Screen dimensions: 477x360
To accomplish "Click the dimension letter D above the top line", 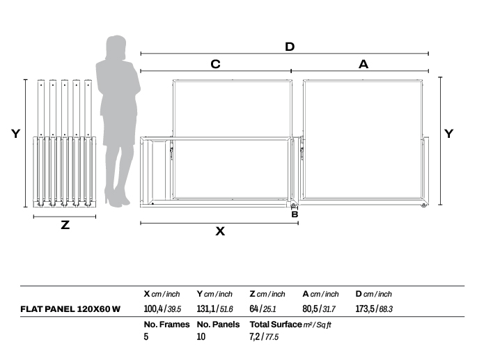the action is (290, 47).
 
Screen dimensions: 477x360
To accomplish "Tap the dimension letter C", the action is (215, 64).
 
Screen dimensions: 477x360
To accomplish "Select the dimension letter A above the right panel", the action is (363, 64).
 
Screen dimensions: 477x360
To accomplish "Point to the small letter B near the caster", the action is (295, 214).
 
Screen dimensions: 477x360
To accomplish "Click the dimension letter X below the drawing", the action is (220, 231).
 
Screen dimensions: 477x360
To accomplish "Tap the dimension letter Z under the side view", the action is (65, 225).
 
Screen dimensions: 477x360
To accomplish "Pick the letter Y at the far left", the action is (15, 133).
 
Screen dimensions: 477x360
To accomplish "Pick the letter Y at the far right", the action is (448, 133).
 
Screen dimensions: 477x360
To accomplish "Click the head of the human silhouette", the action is (116, 47).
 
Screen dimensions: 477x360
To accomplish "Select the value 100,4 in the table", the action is (153, 309).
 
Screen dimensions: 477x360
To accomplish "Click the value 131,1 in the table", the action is (205, 309).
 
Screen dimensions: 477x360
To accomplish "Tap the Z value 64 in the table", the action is (253, 309).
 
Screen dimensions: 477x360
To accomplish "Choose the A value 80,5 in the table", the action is (310, 309).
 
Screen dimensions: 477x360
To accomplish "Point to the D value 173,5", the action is (365, 309).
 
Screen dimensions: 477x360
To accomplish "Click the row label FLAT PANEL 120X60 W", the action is (70, 309).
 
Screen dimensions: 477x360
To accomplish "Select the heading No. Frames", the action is (166, 324).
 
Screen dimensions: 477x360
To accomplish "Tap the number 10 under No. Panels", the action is (201, 336).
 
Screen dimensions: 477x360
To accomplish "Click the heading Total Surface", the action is (276, 324).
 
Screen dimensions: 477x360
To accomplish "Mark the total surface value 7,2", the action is (254, 337).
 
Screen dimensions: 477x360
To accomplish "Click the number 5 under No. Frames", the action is (146, 336).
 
